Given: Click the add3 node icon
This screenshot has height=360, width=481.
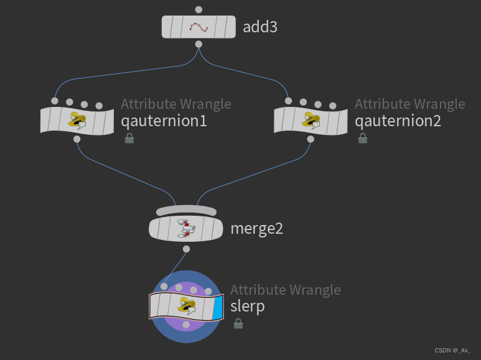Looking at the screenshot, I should (x=198, y=27).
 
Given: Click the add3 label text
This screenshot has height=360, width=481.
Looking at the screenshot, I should (x=259, y=27).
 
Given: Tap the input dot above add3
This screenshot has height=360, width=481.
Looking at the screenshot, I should (x=198, y=9).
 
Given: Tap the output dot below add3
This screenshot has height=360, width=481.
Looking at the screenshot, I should (x=198, y=44).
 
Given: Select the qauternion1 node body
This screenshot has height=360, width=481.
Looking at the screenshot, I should (x=77, y=120).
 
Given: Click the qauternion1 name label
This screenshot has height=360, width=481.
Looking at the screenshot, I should (x=164, y=121).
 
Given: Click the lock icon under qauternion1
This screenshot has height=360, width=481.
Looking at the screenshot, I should (x=129, y=138).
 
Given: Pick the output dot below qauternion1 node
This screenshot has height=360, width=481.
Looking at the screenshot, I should (x=77, y=139).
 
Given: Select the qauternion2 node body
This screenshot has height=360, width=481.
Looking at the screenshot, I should (x=311, y=120).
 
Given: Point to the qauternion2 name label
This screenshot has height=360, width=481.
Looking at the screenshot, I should (x=398, y=121).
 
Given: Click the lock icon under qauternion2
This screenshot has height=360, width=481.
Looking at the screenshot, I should (x=363, y=138).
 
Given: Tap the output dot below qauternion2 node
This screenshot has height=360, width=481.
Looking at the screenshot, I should (x=311, y=139).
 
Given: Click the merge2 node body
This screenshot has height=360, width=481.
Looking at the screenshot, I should (x=186, y=228).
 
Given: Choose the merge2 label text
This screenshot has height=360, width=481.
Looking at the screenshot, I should (x=256, y=228).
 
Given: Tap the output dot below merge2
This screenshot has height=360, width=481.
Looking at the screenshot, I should (x=186, y=249).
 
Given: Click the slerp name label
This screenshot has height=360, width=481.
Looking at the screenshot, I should (x=248, y=306).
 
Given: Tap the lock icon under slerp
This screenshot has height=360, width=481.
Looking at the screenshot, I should (x=238, y=323).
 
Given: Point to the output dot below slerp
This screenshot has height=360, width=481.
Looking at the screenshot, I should (x=186, y=325).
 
